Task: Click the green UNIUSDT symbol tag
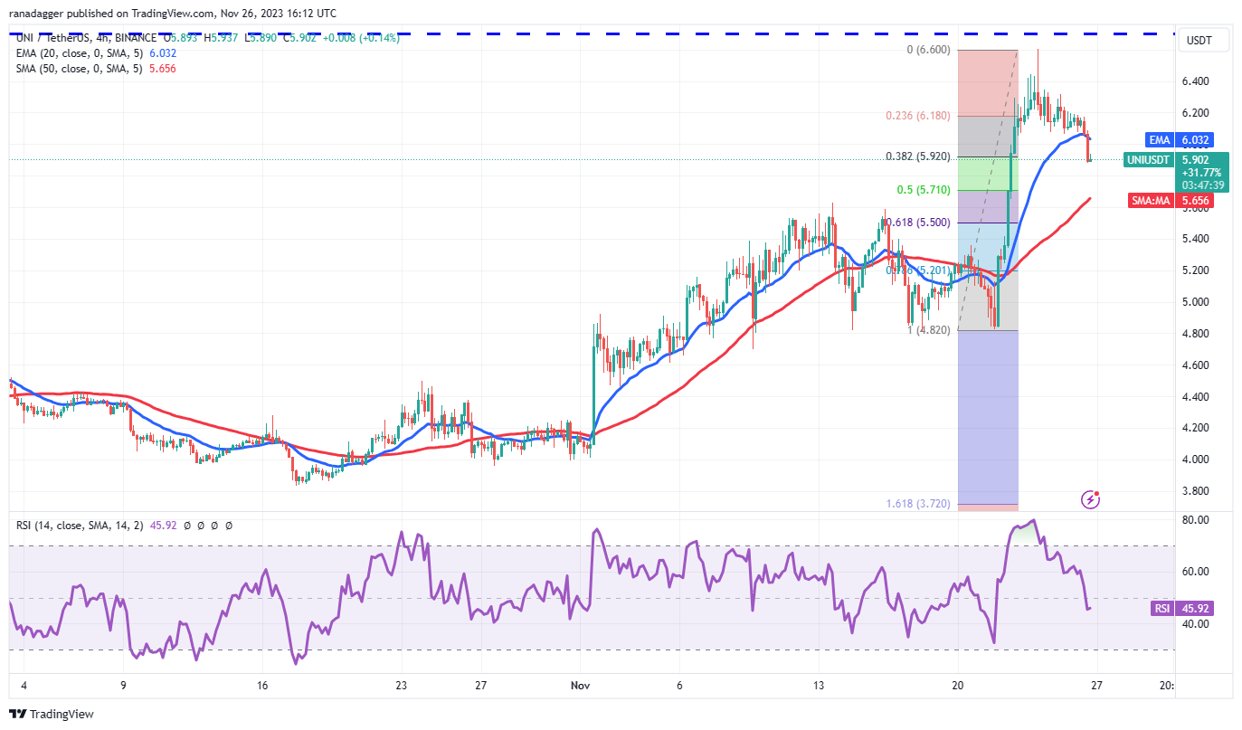point(1150,160)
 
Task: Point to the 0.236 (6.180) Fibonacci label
point(919,115)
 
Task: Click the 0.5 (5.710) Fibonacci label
point(923,190)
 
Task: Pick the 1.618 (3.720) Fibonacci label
point(919,504)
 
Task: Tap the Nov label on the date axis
point(581,686)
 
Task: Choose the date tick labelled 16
point(262,686)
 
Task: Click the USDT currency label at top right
point(1199,41)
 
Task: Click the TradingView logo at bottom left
point(52,714)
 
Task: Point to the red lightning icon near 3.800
point(1091,498)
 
